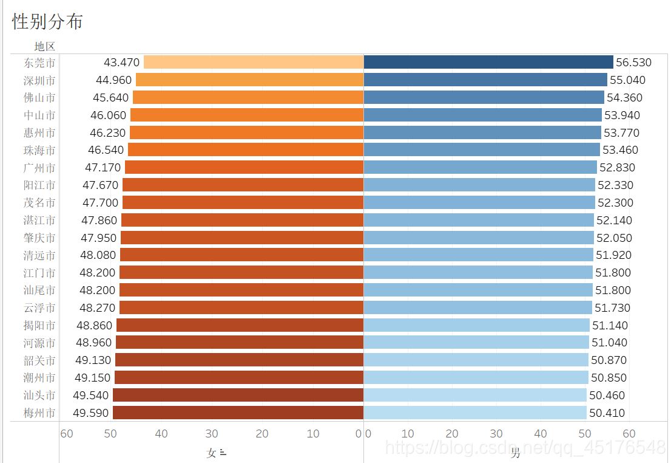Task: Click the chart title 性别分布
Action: pyautogui.click(x=47, y=22)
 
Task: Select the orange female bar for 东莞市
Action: pyautogui.click(x=253, y=62)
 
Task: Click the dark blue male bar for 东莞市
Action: pyautogui.click(x=488, y=62)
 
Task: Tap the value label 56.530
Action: pyautogui.click(x=633, y=63)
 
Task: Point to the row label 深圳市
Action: pyautogui.click(x=39, y=80)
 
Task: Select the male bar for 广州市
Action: pyautogui.click(x=480, y=167)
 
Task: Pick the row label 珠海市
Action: pyautogui.click(x=39, y=150)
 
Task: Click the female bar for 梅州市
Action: pyautogui.click(x=238, y=413)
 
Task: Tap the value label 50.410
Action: pyautogui.click(x=607, y=413)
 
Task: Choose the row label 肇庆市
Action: pyautogui.click(x=39, y=238)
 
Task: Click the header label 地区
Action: pyautogui.click(x=45, y=46)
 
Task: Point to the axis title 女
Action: pyautogui.click(x=212, y=453)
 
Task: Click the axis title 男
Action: pyautogui.click(x=515, y=453)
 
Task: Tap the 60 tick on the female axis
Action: pyautogui.click(x=67, y=434)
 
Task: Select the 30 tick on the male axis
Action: pyautogui.click(x=496, y=434)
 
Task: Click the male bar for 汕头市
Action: pyautogui.click(x=475, y=395)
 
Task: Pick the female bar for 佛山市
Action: pyautogui.click(x=248, y=97)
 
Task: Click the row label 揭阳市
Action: pyautogui.click(x=39, y=325)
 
